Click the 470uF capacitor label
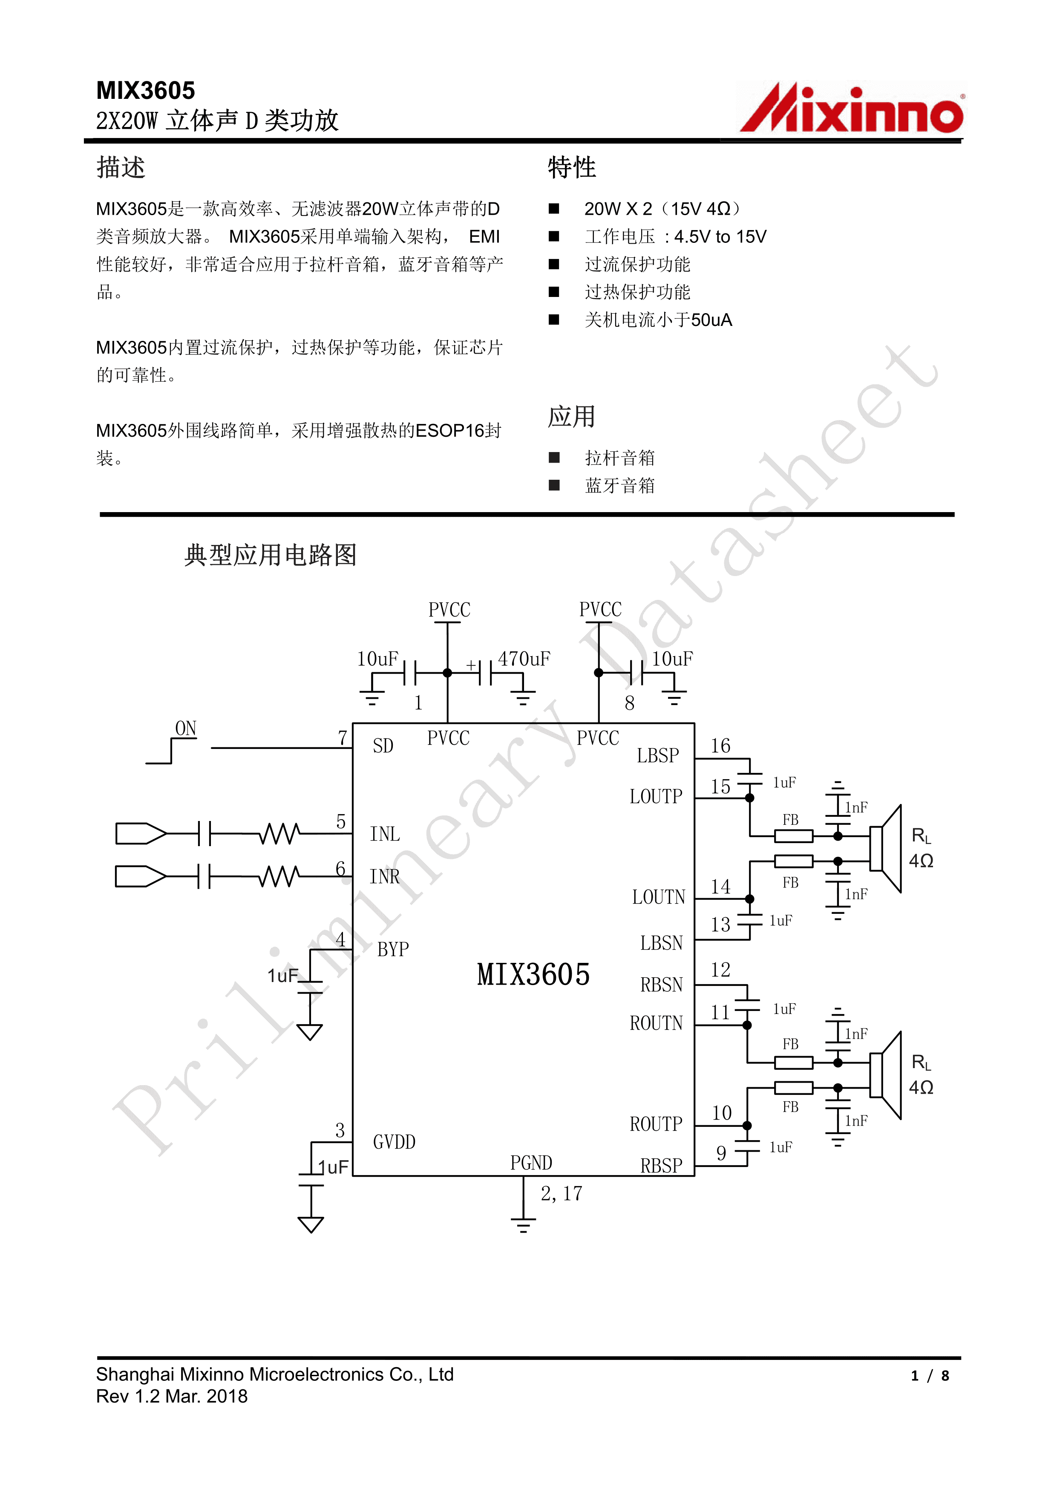pyautogui.click(x=524, y=659)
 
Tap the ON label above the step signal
pyautogui.click(x=186, y=729)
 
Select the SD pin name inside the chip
pyautogui.click(x=383, y=746)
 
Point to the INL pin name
pyautogui.click(x=385, y=834)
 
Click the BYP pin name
pyautogui.click(x=393, y=949)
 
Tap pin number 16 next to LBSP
pyautogui.click(x=720, y=746)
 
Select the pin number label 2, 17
pyautogui.click(x=562, y=1193)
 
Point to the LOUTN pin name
pyautogui.click(x=658, y=897)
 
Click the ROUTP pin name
pyautogui.click(x=656, y=1124)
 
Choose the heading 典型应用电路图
pyautogui.click(x=270, y=555)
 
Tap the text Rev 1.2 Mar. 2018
pyautogui.click(x=172, y=1396)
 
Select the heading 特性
pyautogui.click(x=571, y=167)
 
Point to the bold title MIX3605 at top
pyautogui.click(x=145, y=90)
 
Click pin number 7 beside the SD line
pyautogui.click(x=343, y=738)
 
